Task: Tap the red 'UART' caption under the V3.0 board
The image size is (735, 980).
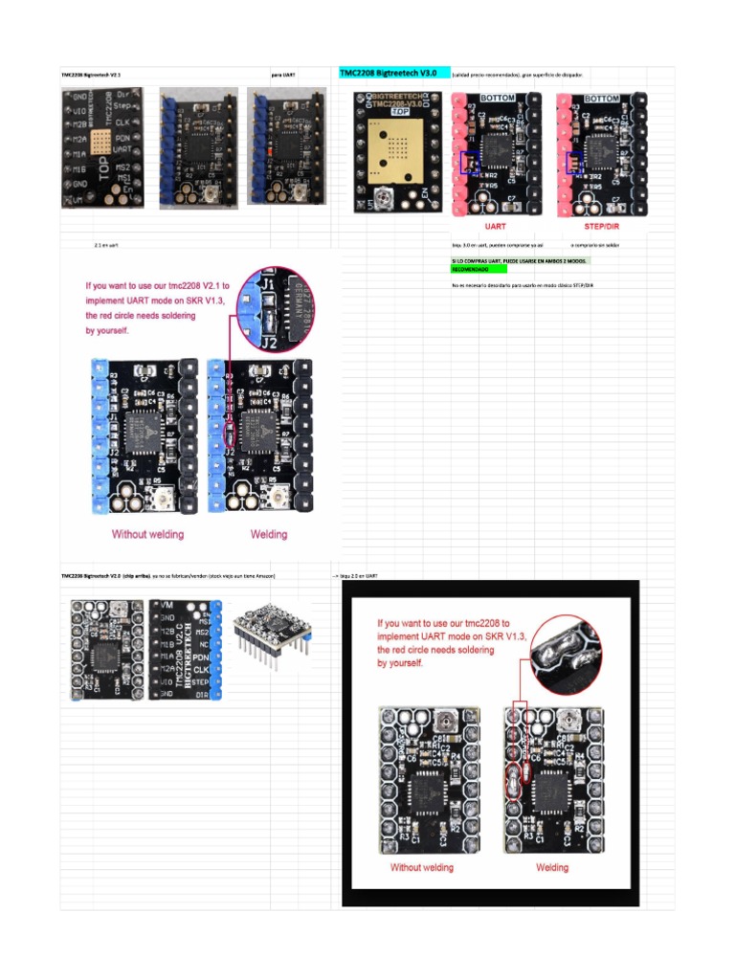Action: [x=495, y=227]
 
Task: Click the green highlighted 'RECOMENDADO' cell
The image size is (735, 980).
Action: [x=469, y=270]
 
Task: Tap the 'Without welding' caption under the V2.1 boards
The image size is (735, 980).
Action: [x=147, y=534]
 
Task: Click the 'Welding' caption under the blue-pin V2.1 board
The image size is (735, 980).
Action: [x=269, y=534]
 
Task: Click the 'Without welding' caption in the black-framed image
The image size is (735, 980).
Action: [x=421, y=867]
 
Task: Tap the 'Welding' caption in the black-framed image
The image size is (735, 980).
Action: [x=551, y=867]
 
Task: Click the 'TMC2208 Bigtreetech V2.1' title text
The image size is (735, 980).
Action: [x=92, y=74]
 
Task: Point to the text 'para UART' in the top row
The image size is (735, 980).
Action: [x=283, y=74]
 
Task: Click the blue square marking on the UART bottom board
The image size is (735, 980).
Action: [x=470, y=163]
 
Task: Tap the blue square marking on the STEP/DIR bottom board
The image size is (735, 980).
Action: [x=575, y=163]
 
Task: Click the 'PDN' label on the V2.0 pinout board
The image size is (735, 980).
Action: [x=201, y=658]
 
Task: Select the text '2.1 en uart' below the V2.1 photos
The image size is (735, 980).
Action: [x=105, y=246]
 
